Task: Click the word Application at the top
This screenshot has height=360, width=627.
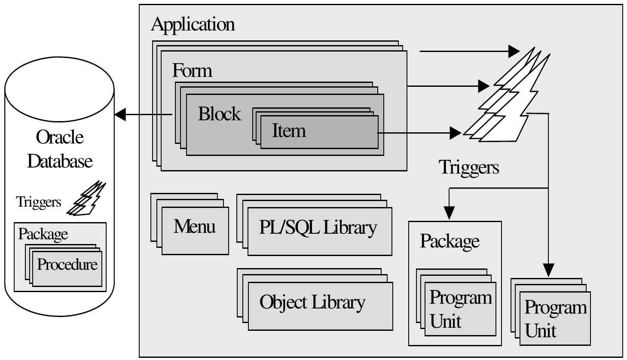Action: (x=193, y=24)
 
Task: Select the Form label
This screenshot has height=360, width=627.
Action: (x=192, y=70)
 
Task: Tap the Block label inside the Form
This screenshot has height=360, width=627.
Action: (x=219, y=114)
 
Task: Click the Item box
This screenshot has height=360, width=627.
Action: (x=319, y=131)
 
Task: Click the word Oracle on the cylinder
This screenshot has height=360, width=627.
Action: (x=60, y=137)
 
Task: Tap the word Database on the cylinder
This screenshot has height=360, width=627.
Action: (x=60, y=161)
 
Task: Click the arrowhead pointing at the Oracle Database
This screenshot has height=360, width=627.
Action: (x=120, y=115)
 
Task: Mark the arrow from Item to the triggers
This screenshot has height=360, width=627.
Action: (x=419, y=133)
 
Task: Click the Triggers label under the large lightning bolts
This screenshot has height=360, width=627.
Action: (x=468, y=167)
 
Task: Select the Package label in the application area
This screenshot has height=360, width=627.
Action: (x=449, y=241)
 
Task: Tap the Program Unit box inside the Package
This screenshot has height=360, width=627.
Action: (x=460, y=309)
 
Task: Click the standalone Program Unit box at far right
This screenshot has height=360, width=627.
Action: (x=555, y=318)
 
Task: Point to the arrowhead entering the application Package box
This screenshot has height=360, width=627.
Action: (x=449, y=213)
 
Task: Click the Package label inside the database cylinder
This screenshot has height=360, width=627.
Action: (x=43, y=234)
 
